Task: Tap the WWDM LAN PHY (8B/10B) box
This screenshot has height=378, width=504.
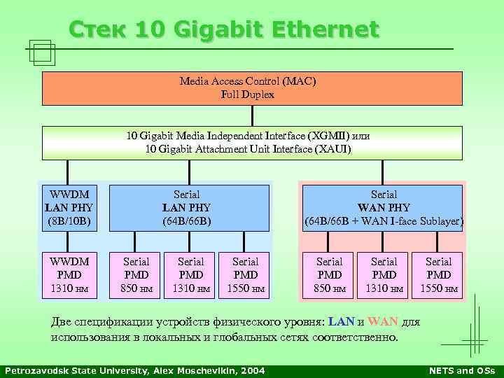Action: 68,208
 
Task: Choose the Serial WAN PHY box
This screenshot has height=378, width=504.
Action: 384,208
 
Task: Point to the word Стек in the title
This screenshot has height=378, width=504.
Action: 98,29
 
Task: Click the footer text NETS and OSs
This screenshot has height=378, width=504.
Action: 461,370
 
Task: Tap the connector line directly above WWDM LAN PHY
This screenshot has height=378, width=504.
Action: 68,171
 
